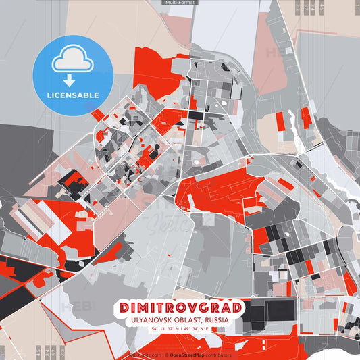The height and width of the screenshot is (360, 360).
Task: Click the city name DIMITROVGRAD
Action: tap(180, 308)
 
